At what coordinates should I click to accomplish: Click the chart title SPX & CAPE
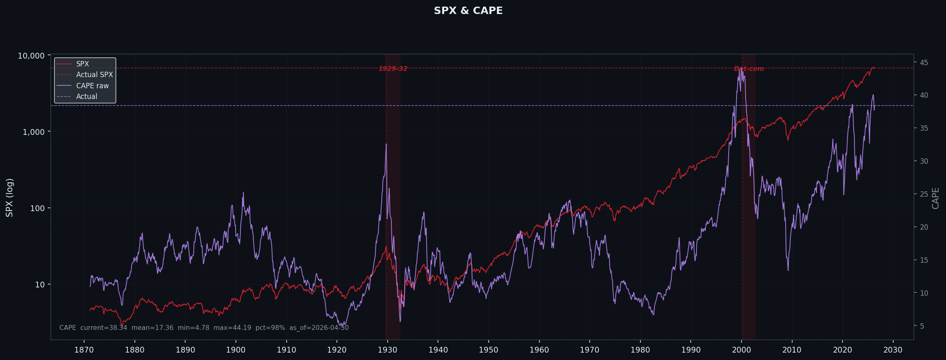468,11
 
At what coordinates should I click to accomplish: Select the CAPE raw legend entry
92,86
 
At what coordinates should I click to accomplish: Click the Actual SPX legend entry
94,75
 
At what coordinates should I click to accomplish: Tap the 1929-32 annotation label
393,68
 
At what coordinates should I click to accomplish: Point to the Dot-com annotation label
748,68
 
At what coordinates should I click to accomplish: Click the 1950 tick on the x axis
488,350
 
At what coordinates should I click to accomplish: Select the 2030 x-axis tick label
893,350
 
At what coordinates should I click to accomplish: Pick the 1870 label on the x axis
84,350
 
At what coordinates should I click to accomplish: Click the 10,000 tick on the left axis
31,56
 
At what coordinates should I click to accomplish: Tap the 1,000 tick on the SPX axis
33,132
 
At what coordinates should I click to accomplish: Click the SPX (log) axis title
9,198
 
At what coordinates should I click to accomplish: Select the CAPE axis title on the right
935,198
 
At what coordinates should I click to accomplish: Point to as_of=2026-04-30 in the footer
319,328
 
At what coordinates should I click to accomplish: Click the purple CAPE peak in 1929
386,144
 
